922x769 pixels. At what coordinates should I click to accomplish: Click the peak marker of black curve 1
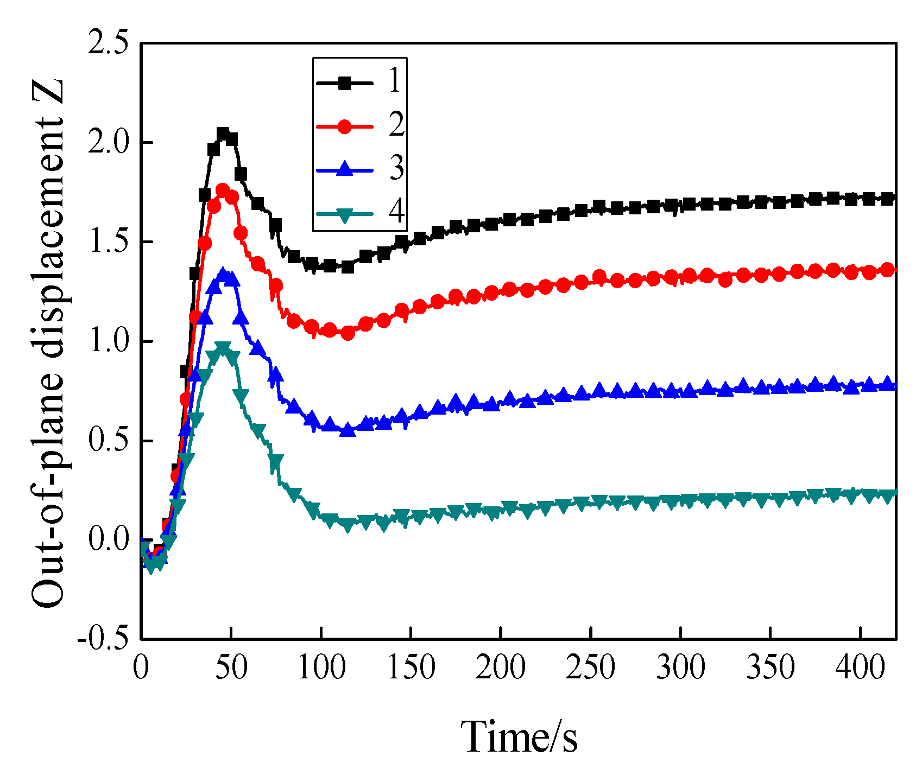click(x=223, y=134)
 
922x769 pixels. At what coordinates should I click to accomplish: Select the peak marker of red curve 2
click(x=223, y=190)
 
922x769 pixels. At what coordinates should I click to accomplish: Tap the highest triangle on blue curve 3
click(x=223, y=273)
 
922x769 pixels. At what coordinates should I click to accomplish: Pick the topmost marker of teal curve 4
click(x=223, y=347)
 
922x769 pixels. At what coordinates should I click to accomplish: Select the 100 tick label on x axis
click(x=321, y=668)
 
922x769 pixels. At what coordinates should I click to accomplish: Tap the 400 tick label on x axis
click(x=860, y=668)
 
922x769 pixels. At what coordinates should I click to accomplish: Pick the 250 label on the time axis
click(x=591, y=668)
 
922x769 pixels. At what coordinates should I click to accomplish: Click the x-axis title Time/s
click(x=520, y=736)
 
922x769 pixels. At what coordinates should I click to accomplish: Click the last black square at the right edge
click(x=887, y=199)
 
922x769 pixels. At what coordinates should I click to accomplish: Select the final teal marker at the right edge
click(x=887, y=496)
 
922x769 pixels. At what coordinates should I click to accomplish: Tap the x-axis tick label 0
click(x=141, y=668)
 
